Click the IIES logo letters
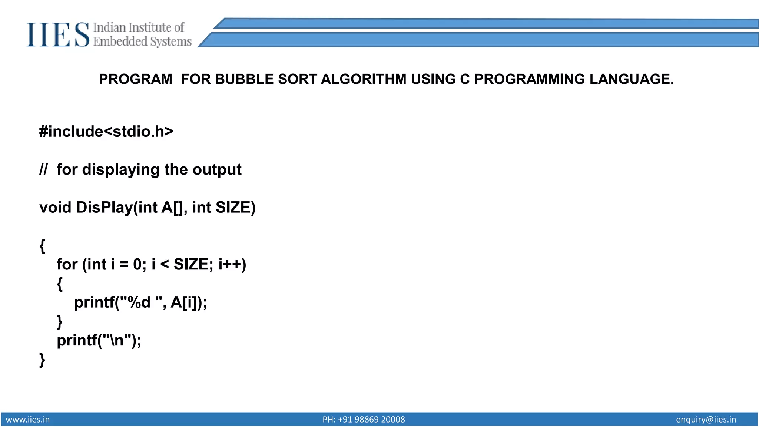57,34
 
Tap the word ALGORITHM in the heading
363,79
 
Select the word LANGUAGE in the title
631,79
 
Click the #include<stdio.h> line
106,132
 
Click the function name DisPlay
104,208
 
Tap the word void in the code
55,208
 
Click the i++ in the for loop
230,265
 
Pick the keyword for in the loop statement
67,265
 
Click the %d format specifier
139,302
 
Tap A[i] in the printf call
183,302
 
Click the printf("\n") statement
99,340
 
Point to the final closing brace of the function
42,360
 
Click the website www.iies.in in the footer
28,420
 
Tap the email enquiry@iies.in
706,420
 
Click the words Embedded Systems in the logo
142,42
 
